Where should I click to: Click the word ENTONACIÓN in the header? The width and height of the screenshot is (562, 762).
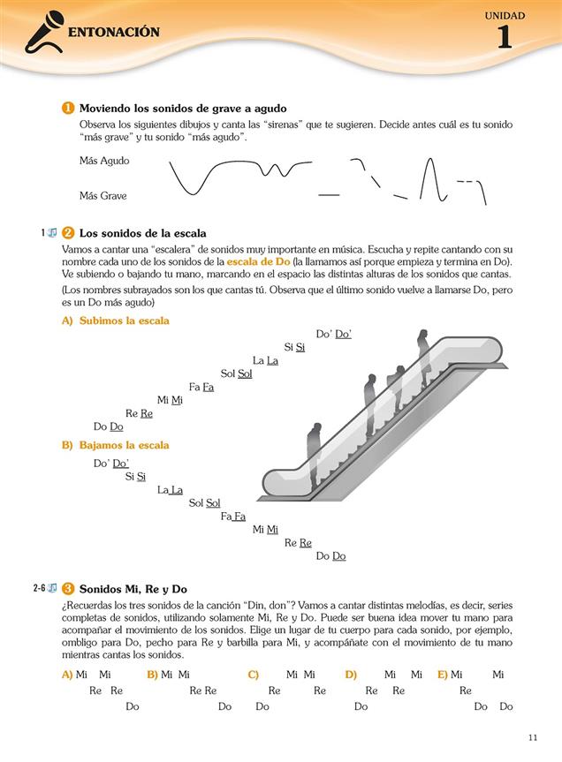click(x=113, y=33)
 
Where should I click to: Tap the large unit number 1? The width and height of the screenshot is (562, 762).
click(x=504, y=38)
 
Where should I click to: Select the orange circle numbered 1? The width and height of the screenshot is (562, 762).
click(x=68, y=108)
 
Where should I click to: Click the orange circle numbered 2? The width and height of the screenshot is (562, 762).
click(x=68, y=234)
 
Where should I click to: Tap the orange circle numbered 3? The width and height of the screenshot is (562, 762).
click(x=68, y=589)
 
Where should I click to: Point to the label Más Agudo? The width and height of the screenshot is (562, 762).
click(x=104, y=162)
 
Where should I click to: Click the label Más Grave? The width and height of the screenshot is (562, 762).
click(x=103, y=196)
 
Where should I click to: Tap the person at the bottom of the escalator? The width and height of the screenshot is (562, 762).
click(x=315, y=454)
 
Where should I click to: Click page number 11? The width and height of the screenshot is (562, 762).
click(x=532, y=738)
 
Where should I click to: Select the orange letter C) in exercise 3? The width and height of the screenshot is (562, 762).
click(x=254, y=675)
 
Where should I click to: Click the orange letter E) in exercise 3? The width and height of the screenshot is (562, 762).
click(x=443, y=675)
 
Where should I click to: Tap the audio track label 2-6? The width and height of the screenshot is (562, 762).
click(x=40, y=588)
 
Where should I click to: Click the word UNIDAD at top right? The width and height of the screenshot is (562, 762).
click(x=505, y=15)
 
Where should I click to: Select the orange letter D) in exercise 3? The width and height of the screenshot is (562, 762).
click(x=351, y=675)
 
